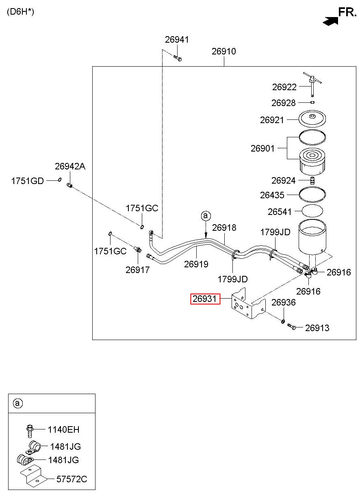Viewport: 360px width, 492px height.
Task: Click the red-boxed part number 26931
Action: [x=205, y=299]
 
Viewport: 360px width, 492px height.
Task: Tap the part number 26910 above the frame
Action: [x=223, y=52]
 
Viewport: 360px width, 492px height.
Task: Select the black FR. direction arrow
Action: [x=330, y=21]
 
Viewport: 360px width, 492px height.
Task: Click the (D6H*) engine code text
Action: [x=20, y=12]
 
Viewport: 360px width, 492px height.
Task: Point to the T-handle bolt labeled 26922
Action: [x=312, y=84]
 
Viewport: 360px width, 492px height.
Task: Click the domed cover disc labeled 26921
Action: [x=312, y=118]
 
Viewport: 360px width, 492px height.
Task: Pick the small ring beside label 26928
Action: [x=312, y=102]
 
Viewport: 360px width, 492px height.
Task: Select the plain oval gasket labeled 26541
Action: [x=312, y=211]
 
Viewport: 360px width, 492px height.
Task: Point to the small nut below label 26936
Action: [x=283, y=321]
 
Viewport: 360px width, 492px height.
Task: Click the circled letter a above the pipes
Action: [x=206, y=216]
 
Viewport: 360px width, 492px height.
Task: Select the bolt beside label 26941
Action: [x=178, y=58]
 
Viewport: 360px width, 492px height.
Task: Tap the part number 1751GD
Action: [x=28, y=181]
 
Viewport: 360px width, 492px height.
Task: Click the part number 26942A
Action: [x=70, y=166]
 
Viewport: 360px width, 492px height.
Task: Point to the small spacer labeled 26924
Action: [x=312, y=180]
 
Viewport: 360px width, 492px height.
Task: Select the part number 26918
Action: [x=224, y=228]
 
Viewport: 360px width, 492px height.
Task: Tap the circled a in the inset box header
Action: [x=18, y=403]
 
